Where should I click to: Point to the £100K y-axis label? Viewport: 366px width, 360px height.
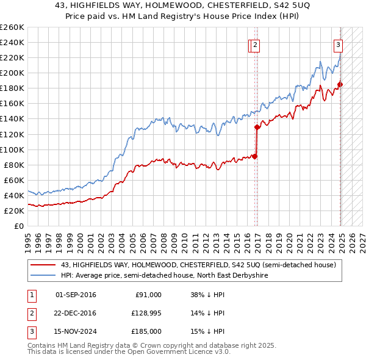click(12, 149)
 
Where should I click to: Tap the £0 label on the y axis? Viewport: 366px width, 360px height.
click(18, 226)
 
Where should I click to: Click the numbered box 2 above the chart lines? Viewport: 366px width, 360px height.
click(255, 45)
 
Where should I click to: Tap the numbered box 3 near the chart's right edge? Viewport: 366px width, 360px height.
click(338, 45)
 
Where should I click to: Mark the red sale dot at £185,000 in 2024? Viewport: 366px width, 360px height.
click(340, 84)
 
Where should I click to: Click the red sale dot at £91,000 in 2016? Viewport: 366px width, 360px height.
click(255, 156)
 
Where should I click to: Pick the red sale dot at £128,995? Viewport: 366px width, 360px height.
click(257, 127)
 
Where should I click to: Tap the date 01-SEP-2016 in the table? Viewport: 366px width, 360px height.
click(76, 295)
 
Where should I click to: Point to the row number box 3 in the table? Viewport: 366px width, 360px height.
click(30, 331)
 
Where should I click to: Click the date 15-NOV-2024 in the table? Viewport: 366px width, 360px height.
click(76, 331)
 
